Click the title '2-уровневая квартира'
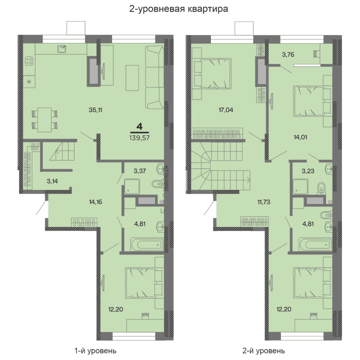[x=180, y=8]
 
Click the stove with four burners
[x=29, y=62]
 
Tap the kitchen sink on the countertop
[x=62, y=48]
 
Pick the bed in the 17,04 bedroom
[x=212, y=72]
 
